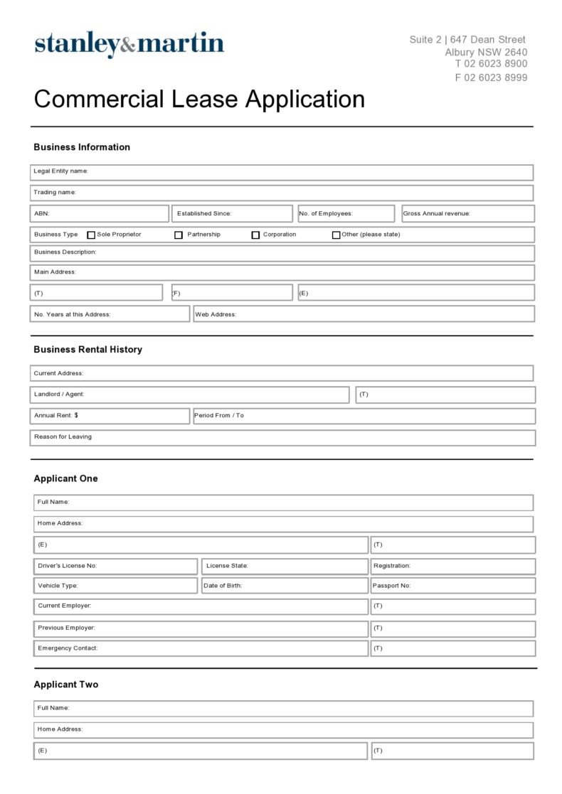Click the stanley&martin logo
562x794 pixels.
coord(129,44)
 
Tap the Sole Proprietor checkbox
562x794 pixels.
coord(91,235)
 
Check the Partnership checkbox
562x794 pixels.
coord(179,235)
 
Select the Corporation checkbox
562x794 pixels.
coord(255,235)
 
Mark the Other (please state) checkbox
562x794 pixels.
coord(336,235)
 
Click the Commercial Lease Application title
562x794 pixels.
coord(199,100)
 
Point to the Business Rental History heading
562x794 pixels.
coord(88,350)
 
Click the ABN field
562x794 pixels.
coord(100,214)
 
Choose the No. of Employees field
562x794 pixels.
coord(346,214)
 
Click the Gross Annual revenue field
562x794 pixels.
coord(467,214)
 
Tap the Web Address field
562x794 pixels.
coord(364,314)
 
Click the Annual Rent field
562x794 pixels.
coord(110,416)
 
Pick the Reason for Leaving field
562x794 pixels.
coord(282,437)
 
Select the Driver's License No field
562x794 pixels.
coord(115,567)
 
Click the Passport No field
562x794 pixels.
coord(452,586)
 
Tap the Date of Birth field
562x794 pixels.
coord(285,586)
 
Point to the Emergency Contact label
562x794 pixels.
coord(68,648)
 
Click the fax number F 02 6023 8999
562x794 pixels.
coord(491,78)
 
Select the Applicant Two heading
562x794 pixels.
coord(66,685)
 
